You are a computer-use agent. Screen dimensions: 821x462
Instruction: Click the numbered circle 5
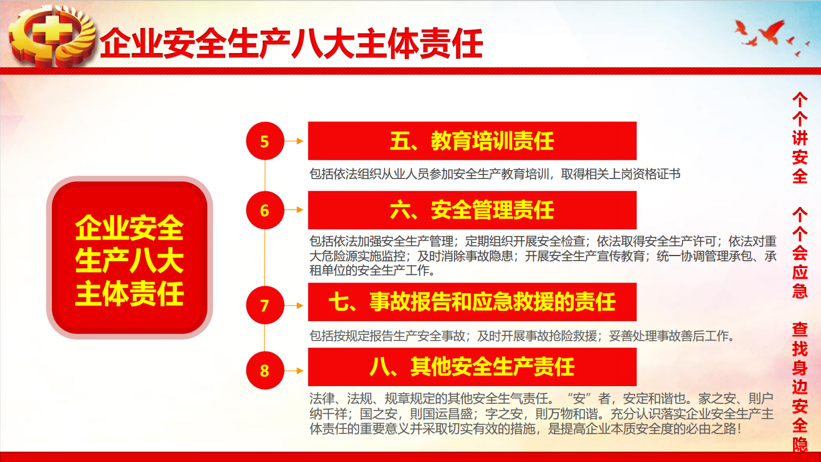coord(265,141)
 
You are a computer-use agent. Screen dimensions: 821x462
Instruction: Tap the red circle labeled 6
coord(265,210)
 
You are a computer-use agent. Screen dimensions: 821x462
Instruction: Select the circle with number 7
coord(265,305)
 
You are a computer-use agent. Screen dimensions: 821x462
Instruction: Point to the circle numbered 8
coord(265,370)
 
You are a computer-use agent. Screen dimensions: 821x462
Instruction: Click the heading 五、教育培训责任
coord(472,141)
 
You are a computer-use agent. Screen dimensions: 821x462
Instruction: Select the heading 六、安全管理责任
coord(472,210)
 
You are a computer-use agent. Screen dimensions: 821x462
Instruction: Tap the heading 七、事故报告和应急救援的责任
coord(472,302)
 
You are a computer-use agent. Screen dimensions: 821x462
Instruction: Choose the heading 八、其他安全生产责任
coord(472,367)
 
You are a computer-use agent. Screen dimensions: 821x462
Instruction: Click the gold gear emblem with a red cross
coord(52,36)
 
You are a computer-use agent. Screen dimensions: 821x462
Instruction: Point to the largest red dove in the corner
coord(773,31)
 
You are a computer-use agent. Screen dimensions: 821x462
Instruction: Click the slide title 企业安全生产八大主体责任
coord(291,44)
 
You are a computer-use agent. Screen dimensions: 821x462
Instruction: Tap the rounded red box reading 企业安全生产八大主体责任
coord(129,257)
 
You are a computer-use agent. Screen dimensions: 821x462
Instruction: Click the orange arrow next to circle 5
coord(294,141)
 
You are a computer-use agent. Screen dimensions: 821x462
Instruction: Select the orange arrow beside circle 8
coord(294,371)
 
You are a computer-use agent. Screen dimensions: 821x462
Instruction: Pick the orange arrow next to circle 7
coord(294,306)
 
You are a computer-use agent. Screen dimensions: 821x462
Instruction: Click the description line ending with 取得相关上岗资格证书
coord(495,174)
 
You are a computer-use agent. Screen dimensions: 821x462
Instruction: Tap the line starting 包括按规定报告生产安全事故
coord(522,336)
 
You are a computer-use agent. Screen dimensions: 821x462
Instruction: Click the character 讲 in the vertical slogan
coord(800,138)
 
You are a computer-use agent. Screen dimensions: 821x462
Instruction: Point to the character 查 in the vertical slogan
coord(800,330)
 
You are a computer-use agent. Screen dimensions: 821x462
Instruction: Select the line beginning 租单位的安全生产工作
coord(372,270)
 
